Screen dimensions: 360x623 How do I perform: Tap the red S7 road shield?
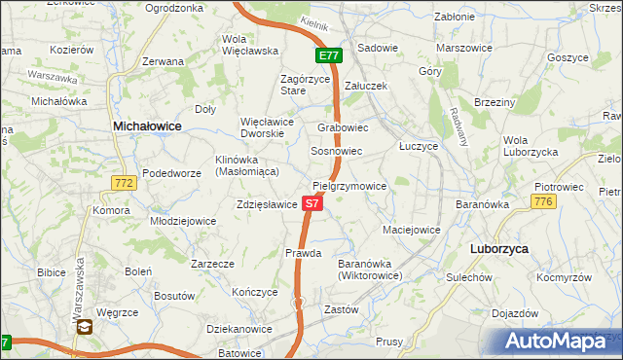point(311,204)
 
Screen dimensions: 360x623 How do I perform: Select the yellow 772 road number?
point(124,182)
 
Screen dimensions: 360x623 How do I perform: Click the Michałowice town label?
point(149,126)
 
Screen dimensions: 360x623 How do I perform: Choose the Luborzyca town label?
point(498,249)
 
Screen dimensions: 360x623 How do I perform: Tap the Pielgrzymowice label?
point(349,186)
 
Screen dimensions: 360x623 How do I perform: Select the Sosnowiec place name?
point(336,153)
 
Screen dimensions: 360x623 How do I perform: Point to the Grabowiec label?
point(343,127)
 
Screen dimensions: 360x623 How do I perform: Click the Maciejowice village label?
point(412,231)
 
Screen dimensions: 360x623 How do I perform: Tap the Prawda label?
point(303,253)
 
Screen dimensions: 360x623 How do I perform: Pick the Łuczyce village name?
point(420,144)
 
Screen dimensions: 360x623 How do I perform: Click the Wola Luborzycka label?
point(530,146)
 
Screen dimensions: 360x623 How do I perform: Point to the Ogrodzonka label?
point(173,8)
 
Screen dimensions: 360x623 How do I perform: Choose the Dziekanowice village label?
point(233,329)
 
